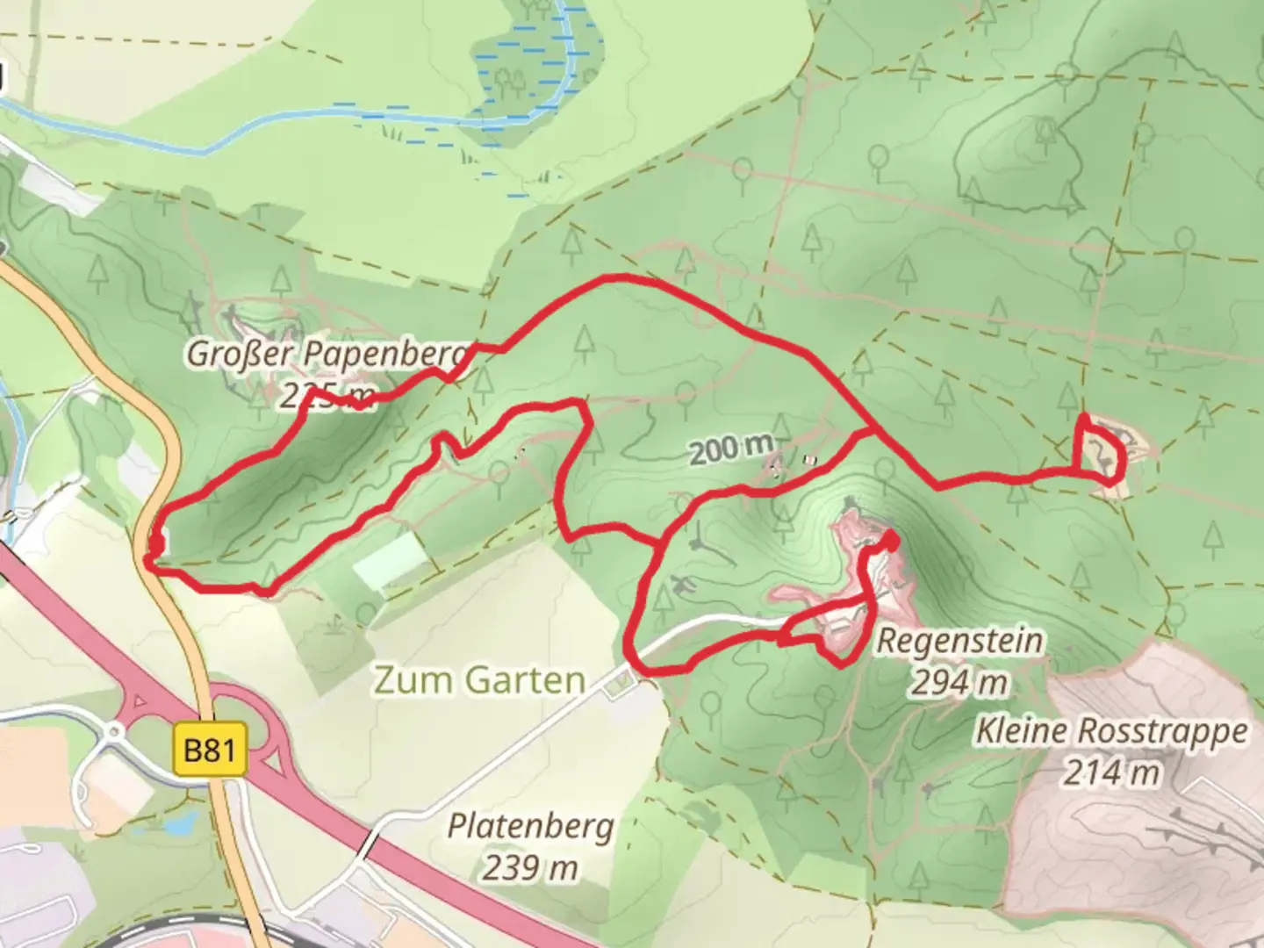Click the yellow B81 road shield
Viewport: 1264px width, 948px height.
coord(210,750)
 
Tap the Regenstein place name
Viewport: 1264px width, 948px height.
coord(959,641)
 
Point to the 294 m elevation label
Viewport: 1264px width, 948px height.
coord(959,682)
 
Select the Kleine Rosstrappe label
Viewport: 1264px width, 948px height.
coord(1111,731)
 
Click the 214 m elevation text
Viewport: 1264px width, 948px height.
coord(1111,773)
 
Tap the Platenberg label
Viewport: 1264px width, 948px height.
coord(530,826)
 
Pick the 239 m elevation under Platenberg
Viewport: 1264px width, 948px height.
coord(529,867)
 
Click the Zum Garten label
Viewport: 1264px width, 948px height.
coord(479,680)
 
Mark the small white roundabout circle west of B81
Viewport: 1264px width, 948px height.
coord(114,730)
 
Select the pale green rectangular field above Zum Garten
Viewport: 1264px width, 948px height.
coord(390,561)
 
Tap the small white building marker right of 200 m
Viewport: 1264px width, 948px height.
coord(809,459)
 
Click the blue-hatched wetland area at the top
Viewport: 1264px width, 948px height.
coord(527,70)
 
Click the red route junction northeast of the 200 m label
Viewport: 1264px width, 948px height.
coord(870,429)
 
